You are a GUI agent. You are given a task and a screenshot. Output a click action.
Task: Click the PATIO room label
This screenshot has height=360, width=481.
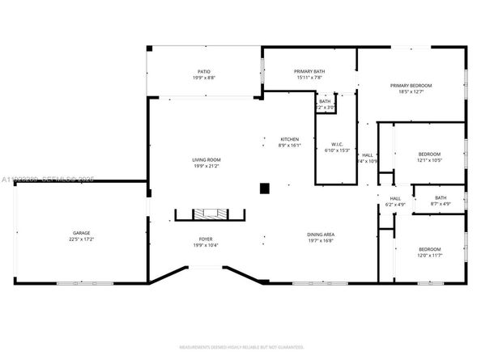coord(205,71)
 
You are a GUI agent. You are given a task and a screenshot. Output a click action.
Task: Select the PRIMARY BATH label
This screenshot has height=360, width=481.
coord(309,71)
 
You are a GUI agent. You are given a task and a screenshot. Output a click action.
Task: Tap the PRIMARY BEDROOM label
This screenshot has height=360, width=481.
coord(411,86)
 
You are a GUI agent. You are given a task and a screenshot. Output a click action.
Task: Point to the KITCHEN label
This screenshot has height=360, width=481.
coord(289,138)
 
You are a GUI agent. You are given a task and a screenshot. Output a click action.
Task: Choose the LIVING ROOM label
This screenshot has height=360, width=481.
coord(206,159)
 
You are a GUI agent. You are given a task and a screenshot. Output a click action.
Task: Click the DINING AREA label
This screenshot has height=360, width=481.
coord(321,235)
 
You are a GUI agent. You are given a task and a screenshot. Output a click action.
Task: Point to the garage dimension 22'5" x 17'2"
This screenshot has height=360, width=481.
coord(77,240)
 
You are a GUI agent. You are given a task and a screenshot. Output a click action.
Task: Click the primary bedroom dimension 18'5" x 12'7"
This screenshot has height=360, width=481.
coord(411,92)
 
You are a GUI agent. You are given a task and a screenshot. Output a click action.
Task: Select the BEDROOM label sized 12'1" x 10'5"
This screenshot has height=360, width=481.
coord(429,154)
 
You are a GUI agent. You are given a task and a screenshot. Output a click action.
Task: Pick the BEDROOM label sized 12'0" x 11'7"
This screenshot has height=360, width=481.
coord(429,248)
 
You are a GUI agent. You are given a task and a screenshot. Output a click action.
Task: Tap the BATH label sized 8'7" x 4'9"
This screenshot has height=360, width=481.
coord(440,197)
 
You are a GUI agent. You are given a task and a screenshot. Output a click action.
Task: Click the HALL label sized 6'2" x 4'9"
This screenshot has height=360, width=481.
coord(395,198)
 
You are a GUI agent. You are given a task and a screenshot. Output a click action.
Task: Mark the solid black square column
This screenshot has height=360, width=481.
coord(264,189)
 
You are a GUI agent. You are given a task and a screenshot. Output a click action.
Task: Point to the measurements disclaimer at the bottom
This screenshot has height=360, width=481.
coord(240,346)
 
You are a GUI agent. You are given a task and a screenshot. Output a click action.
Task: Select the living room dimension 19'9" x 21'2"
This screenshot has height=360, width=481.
coord(206,166)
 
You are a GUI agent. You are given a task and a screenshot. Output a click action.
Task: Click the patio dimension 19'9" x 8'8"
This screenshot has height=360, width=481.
coord(205,78)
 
